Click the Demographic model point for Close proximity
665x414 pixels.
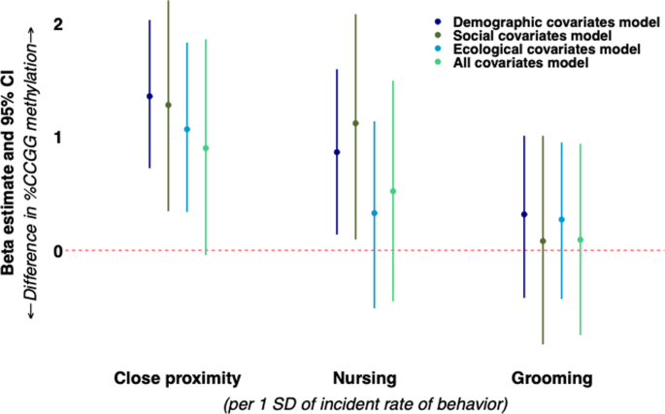coord(150,96)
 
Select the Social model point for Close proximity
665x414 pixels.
coord(168,105)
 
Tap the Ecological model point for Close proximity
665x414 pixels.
coord(187,129)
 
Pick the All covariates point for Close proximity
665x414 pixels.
coord(206,148)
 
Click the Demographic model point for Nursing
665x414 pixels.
coord(337,152)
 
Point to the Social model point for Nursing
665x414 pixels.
coord(355,123)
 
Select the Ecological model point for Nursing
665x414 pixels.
coord(374,213)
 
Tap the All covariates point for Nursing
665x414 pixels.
coord(393,191)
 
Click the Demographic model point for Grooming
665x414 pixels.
coord(524,214)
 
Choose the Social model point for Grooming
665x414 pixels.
coord(543,241)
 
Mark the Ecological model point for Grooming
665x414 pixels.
coord(561,220)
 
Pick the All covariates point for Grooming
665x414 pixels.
coord(581,239)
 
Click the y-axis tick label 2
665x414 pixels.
coord(58,23)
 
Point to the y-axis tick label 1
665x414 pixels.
coord(58,137)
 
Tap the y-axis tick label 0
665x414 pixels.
coord(58,251)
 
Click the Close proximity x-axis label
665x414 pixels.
coord(177,377)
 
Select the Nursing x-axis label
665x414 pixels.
coord(365,377)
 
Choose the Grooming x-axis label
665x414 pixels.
coord(551,377)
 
